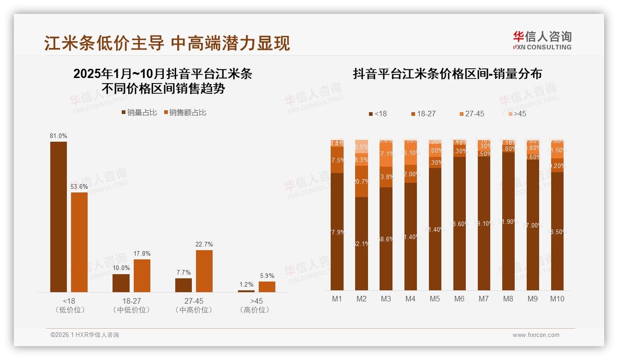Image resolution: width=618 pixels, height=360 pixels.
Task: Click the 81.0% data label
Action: [x=59, y=136]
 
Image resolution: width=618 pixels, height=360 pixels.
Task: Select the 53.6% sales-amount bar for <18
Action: [x=79, y=242]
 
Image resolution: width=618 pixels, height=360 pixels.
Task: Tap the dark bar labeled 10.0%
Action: [x=121, y=283]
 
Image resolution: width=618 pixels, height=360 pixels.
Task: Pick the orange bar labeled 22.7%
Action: [x=204, y=271]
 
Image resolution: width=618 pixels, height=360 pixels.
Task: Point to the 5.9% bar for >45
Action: [x=267, y=287]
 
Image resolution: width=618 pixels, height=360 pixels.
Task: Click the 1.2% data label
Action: [x=246, y=285]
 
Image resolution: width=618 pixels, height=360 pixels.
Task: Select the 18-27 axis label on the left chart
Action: [x=131, y=301]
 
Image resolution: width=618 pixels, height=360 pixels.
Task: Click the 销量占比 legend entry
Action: [x=139, y=113]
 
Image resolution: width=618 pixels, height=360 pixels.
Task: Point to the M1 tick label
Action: [x=337, y=299]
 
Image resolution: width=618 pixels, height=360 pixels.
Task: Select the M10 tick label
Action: [x=557, y=299]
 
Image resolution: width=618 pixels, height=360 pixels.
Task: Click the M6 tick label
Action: [x=459, y=299]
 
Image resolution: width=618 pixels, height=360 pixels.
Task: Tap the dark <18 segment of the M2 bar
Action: [x=362, y=244]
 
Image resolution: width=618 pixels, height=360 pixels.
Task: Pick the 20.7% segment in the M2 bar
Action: [x=362, y=181]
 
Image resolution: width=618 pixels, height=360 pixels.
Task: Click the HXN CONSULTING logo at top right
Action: [x=542, y=41]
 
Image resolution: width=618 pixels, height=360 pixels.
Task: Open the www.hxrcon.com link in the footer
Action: [x=536, y=335]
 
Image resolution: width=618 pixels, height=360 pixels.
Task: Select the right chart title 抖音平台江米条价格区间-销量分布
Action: [x=447, y=74]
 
